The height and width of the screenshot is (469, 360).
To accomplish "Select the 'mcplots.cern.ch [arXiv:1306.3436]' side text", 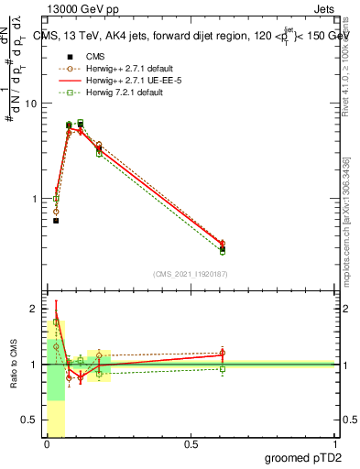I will (x=345, y=220).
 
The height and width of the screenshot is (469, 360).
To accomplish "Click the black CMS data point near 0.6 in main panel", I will (x=223, y=248).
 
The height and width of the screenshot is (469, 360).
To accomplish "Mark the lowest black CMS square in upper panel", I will (x=56, y=221).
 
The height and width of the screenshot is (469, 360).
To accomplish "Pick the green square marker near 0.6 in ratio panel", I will (x=223, y=369).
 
